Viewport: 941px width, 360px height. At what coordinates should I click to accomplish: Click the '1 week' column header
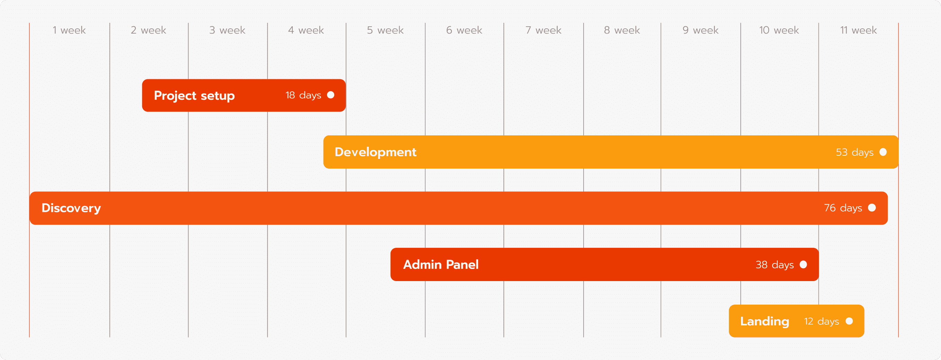(x=69, y=30)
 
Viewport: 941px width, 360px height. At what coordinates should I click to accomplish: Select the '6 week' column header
(x=464, y=30)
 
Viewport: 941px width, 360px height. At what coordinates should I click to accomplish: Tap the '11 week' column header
(x=858, y=30)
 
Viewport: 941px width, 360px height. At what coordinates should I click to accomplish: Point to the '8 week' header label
(x=622, y=30)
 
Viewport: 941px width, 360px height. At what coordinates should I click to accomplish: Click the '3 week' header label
(x=227, y=30)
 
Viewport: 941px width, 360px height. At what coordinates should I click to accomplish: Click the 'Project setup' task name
(x=194, y=96)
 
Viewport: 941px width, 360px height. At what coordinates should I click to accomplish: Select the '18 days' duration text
(x=303, y=95)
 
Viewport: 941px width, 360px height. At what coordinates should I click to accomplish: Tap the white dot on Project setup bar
(x=331, y=95)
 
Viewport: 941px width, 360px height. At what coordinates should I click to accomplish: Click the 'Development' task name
(x=375, y=152)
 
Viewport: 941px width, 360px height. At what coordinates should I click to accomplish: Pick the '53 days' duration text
(x=855, y=152)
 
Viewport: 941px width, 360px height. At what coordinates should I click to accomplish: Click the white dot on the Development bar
(x=883, y=152)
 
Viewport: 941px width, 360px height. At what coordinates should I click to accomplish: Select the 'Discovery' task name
(x=71, y=208)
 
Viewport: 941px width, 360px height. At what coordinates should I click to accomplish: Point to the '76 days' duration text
(x=843, y=208)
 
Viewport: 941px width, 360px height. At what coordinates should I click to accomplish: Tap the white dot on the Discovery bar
(x=871, y=208)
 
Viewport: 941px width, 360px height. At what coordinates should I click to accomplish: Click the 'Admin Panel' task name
(x=441, y=264)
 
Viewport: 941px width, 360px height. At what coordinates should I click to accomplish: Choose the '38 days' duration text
(x=775, y=264)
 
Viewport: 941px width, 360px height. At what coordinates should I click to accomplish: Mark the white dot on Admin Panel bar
(x=803, y=264)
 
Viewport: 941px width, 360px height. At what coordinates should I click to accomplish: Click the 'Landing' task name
(x=765, y=321)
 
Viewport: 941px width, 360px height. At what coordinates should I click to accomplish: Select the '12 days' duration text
(x=822, y=321)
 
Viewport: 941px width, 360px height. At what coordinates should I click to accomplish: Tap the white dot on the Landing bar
(x=849, y=321)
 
